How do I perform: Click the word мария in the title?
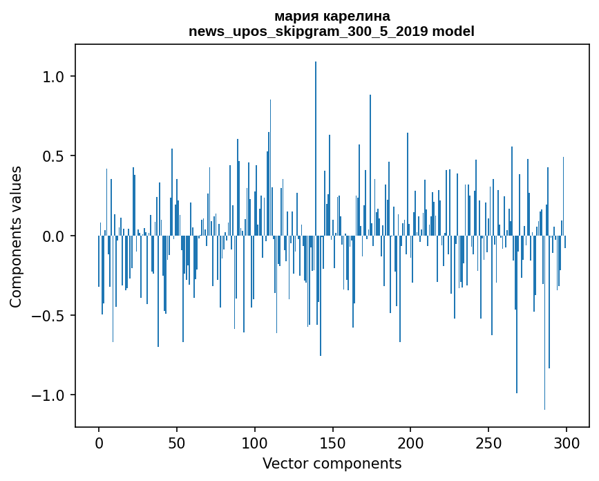coord(293,16)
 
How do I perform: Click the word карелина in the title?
coord(351,16)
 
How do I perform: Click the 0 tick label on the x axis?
coord(99,442)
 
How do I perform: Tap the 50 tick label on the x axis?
coord(177,442)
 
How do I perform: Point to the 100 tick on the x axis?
coord(255,442)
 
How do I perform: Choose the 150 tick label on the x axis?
coord(333,442)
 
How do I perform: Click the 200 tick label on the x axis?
coord(411,442)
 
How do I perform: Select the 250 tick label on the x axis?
coord(489,442)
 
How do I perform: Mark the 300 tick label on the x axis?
coord(567,442)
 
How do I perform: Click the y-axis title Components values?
coord(17,236)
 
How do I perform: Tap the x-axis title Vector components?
coord(332,464)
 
